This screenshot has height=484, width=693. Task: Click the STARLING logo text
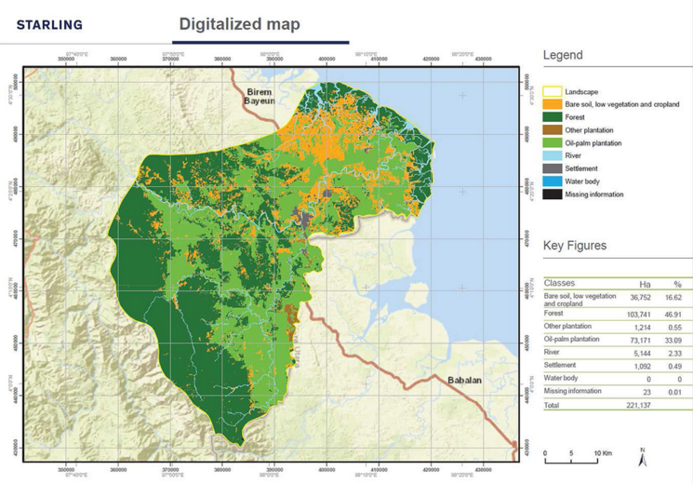pyautogui.click(x=49, y=24)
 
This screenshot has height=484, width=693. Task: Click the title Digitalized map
pyautogui.click(x=239, y=24)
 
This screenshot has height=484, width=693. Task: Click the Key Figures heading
pyautogui.click(x=575, y=246)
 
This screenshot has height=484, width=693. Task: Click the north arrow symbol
pyautogui.click(x=643, y=458)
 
